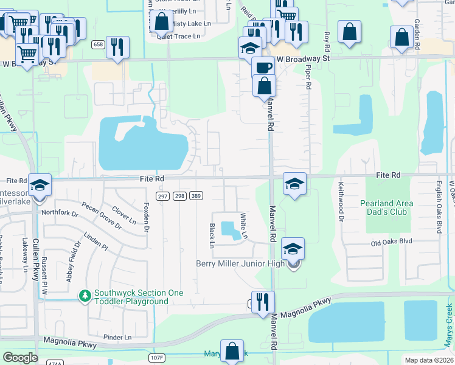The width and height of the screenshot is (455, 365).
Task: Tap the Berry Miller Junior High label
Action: click(241, 263)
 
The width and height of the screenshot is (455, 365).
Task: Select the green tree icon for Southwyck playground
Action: click(85, 295)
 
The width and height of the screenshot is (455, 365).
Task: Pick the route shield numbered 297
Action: click(162, 195)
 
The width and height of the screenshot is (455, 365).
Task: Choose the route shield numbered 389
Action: click(196, 195)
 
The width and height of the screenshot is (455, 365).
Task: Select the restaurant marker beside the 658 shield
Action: click(117, 47)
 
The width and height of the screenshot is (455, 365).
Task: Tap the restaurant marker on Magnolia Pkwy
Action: click(263, 302)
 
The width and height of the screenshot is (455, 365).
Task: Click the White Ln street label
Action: click(244, 226)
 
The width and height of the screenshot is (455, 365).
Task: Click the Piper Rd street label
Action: click(308, 78)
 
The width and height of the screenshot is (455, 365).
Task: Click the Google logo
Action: click(20, 358)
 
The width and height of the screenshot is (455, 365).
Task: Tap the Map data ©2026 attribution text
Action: click(428, 360)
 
